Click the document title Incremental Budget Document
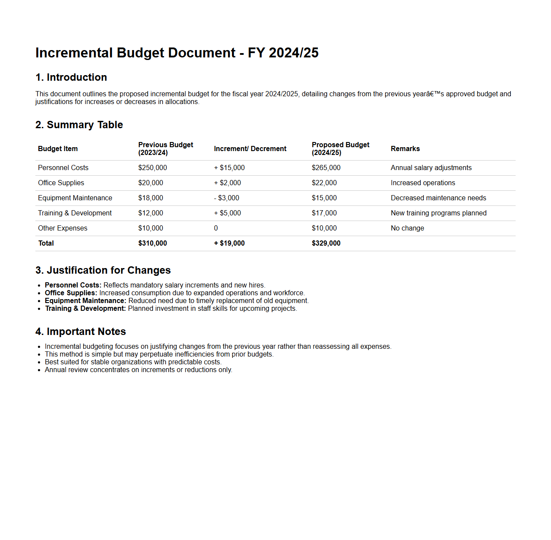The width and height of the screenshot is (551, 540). (x=177, y=53)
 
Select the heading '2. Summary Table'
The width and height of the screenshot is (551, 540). (x=79, y=125)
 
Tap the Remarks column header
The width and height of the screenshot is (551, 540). (x=405, y=148)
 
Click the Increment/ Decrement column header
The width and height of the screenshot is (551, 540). (x=250, y=148)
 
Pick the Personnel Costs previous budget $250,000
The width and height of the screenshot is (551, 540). (x=152, y=167)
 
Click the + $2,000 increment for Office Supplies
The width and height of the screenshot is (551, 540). (x=227, y=183)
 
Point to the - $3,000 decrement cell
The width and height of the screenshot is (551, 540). (x=226, y=198)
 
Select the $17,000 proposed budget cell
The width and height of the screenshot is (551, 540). (x=324, y=213)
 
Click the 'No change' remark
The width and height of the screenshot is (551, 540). (x=407, y=228)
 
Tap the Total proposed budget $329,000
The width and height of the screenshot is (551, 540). (x=326, y=243)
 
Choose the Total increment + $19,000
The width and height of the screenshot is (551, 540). (x=229, y=243)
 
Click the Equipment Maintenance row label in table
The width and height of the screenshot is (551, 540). (x=75, y=198)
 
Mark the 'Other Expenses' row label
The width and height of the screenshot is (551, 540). (x=63, y=228)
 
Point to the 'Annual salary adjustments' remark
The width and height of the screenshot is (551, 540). (x=431, y=167)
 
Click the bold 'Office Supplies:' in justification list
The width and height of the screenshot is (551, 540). (x=71, y=293)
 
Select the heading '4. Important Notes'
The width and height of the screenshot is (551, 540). (x=81, y=332)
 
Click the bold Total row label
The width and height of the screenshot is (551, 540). (x=46, y=243)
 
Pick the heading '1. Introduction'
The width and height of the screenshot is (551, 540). (x=71, y=77)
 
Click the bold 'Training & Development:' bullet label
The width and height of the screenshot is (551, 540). (x=85, y=308)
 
